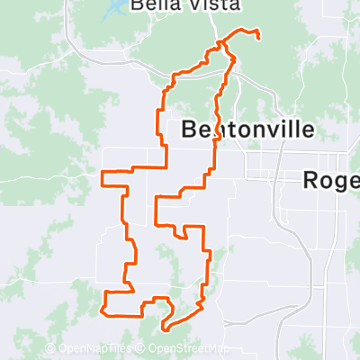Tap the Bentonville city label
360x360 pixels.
[x=247, y=130]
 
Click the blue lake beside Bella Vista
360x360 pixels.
[x=116, y=12]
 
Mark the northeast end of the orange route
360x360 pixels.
[x=259, y=37]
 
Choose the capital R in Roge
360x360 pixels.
[x=310, y=181]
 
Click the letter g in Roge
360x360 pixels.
[x=337, y=183]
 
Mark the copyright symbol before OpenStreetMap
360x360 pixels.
[x=143, y=348]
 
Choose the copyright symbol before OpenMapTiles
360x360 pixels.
[x=51, y=348]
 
